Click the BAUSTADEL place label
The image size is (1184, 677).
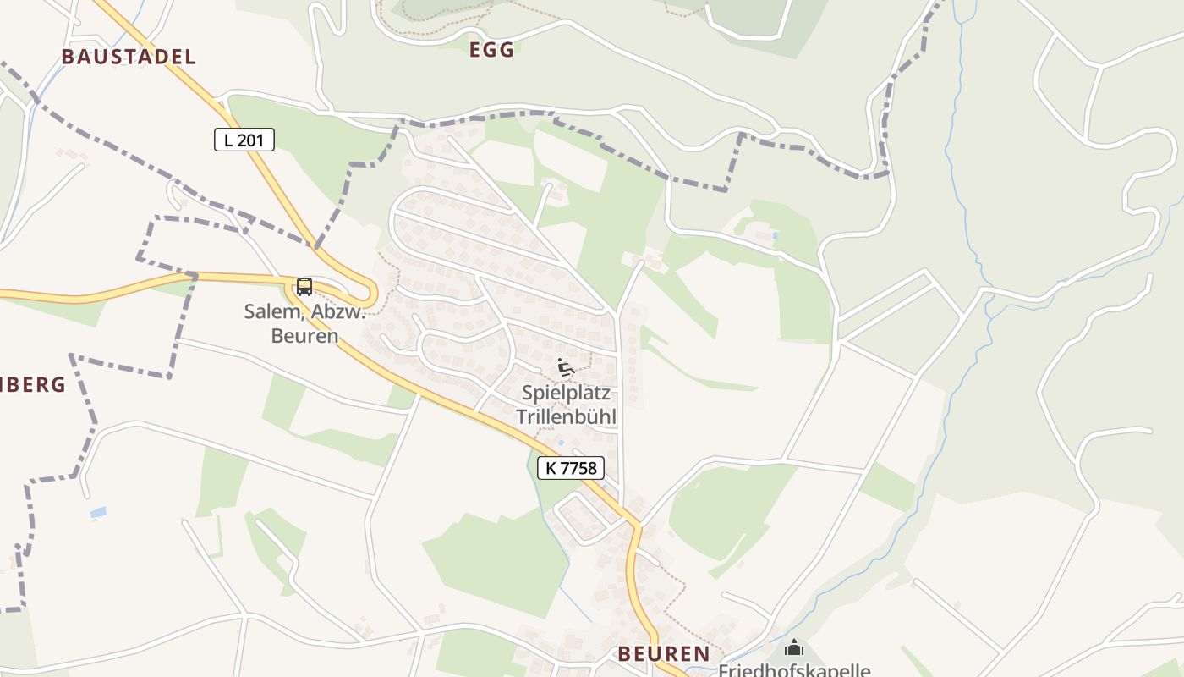coord(129,57)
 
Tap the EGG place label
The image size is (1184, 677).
coord(491,50)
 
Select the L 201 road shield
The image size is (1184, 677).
coord(244,140)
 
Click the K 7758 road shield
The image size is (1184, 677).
coord(571,467)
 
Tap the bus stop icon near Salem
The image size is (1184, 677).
coord(304,287)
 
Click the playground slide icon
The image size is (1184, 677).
coord(566,367)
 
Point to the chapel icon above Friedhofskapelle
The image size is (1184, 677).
coord(794,648)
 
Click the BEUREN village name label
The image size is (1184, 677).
coord(664,653)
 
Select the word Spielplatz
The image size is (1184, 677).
coord(566,394)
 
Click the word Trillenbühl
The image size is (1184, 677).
coord(566,416)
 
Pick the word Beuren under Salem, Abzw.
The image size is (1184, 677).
coord(304,336)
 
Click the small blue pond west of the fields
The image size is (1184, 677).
coord(98,512)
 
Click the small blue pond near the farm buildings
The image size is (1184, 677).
coord(776,234)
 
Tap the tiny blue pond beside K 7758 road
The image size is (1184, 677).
coord(559,442)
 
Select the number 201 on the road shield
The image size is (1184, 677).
coord(250,140)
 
